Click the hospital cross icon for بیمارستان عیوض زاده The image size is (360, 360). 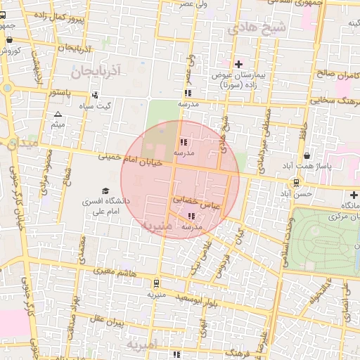coord(239,64)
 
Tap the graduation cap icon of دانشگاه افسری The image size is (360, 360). coord(105,191)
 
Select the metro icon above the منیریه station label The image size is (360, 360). coord(155,284)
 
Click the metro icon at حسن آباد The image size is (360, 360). coord(296,182)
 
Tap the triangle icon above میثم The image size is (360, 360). coord(58,114)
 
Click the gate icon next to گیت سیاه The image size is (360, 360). coord(96,95)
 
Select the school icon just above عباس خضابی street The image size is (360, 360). coord(184,141)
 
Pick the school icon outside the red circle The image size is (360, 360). coord(187,93)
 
